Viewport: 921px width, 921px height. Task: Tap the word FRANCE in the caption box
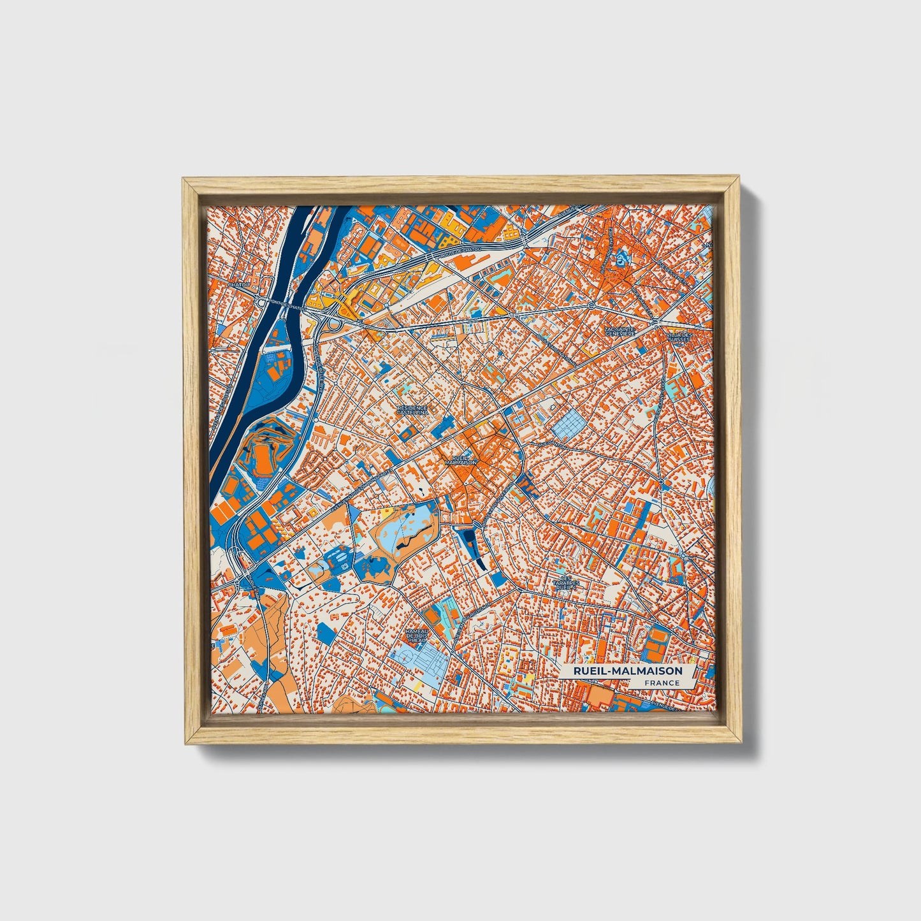pyautogui.click(x=661, y=683)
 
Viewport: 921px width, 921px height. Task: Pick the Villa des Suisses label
pyautogui.click(x=678, y=337)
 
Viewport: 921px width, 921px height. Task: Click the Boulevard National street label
pyautogui.click(x=555, y=347)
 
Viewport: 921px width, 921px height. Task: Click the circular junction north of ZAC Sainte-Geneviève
pyautogui.click(x=591, y=306)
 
